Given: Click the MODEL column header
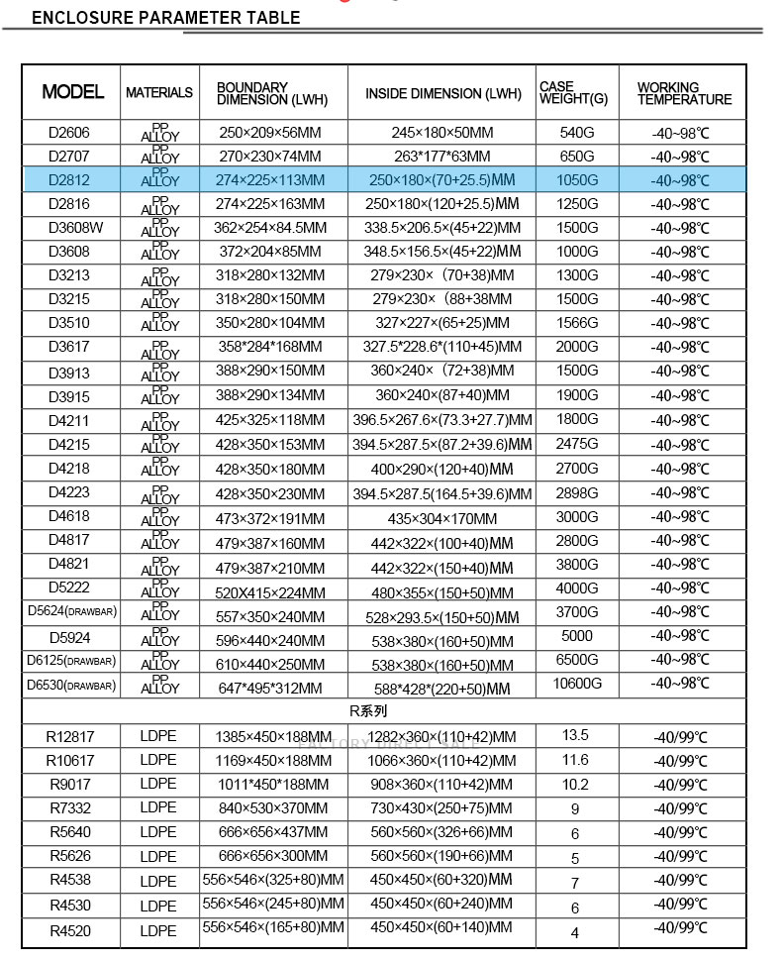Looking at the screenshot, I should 72,92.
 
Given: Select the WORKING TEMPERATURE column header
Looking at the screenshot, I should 684,93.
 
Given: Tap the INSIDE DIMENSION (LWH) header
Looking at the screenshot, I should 442,94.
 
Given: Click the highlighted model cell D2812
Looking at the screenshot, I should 69,179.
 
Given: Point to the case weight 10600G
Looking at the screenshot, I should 578,684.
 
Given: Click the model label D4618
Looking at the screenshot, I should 69,516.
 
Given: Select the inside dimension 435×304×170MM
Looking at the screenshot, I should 441,518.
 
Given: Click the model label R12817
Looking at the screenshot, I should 69,736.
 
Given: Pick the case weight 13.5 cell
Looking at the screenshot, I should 575,735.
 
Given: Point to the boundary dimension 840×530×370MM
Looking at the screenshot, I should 271,808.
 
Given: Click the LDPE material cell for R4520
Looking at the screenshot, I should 158,930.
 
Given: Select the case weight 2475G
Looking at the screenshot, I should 578,444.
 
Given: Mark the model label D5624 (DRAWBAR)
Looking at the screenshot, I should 71,611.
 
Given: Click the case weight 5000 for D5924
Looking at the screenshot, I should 577,636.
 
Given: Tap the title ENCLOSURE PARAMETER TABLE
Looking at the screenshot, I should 166,18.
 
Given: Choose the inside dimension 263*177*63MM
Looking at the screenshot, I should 441,156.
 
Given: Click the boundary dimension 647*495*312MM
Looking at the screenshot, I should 271,688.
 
